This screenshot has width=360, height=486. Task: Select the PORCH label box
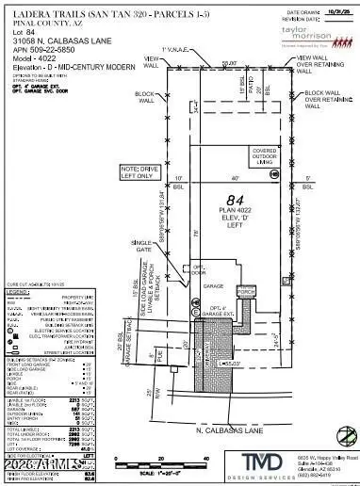(246, 293)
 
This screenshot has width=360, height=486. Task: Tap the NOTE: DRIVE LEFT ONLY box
(139, 171)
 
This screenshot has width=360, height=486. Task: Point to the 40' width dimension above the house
(223, 177)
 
